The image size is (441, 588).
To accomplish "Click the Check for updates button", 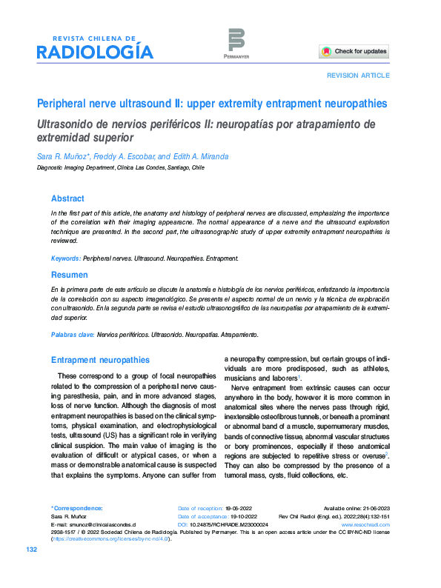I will (354, 52).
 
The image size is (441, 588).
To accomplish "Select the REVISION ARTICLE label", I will (358, 76).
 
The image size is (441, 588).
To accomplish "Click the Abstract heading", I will (67, 198).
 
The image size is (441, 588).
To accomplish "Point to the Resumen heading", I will (68, 275).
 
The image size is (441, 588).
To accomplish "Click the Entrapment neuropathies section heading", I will (100, 360).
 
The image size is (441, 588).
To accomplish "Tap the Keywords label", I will (65, 258).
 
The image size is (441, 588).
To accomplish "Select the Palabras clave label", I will (73, 335).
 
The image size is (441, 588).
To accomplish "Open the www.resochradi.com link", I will (365, 524).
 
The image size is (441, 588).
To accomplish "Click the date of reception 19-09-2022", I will (239, 508).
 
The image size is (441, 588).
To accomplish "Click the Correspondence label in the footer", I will (77, 508).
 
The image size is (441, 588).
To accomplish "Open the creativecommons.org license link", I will (111, 539).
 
